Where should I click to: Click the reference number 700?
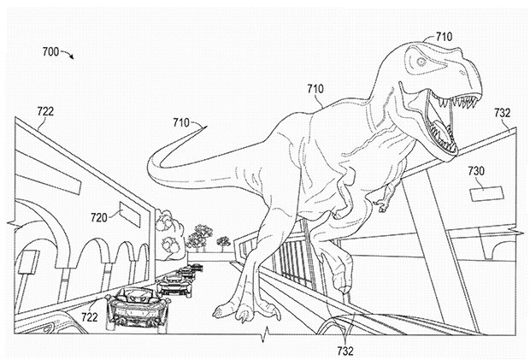[50, 51]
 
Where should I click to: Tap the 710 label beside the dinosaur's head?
[444, 36]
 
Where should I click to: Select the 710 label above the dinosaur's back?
[315, 89]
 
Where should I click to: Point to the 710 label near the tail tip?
[181, 122]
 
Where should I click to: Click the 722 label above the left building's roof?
[45, 111]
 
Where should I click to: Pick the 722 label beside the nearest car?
[90, 316]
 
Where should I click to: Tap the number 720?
[98, 218]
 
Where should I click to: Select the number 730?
[476, 171]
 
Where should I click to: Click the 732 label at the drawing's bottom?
[345, 351]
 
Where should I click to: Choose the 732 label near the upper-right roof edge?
[502, 113]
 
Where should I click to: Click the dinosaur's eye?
[421, 62]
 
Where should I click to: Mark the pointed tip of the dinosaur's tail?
[206, 126]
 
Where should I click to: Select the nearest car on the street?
[137, 307]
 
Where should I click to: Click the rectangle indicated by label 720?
[130, 215]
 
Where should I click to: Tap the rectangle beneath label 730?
[486, 192]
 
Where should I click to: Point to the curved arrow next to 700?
[67, 54]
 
